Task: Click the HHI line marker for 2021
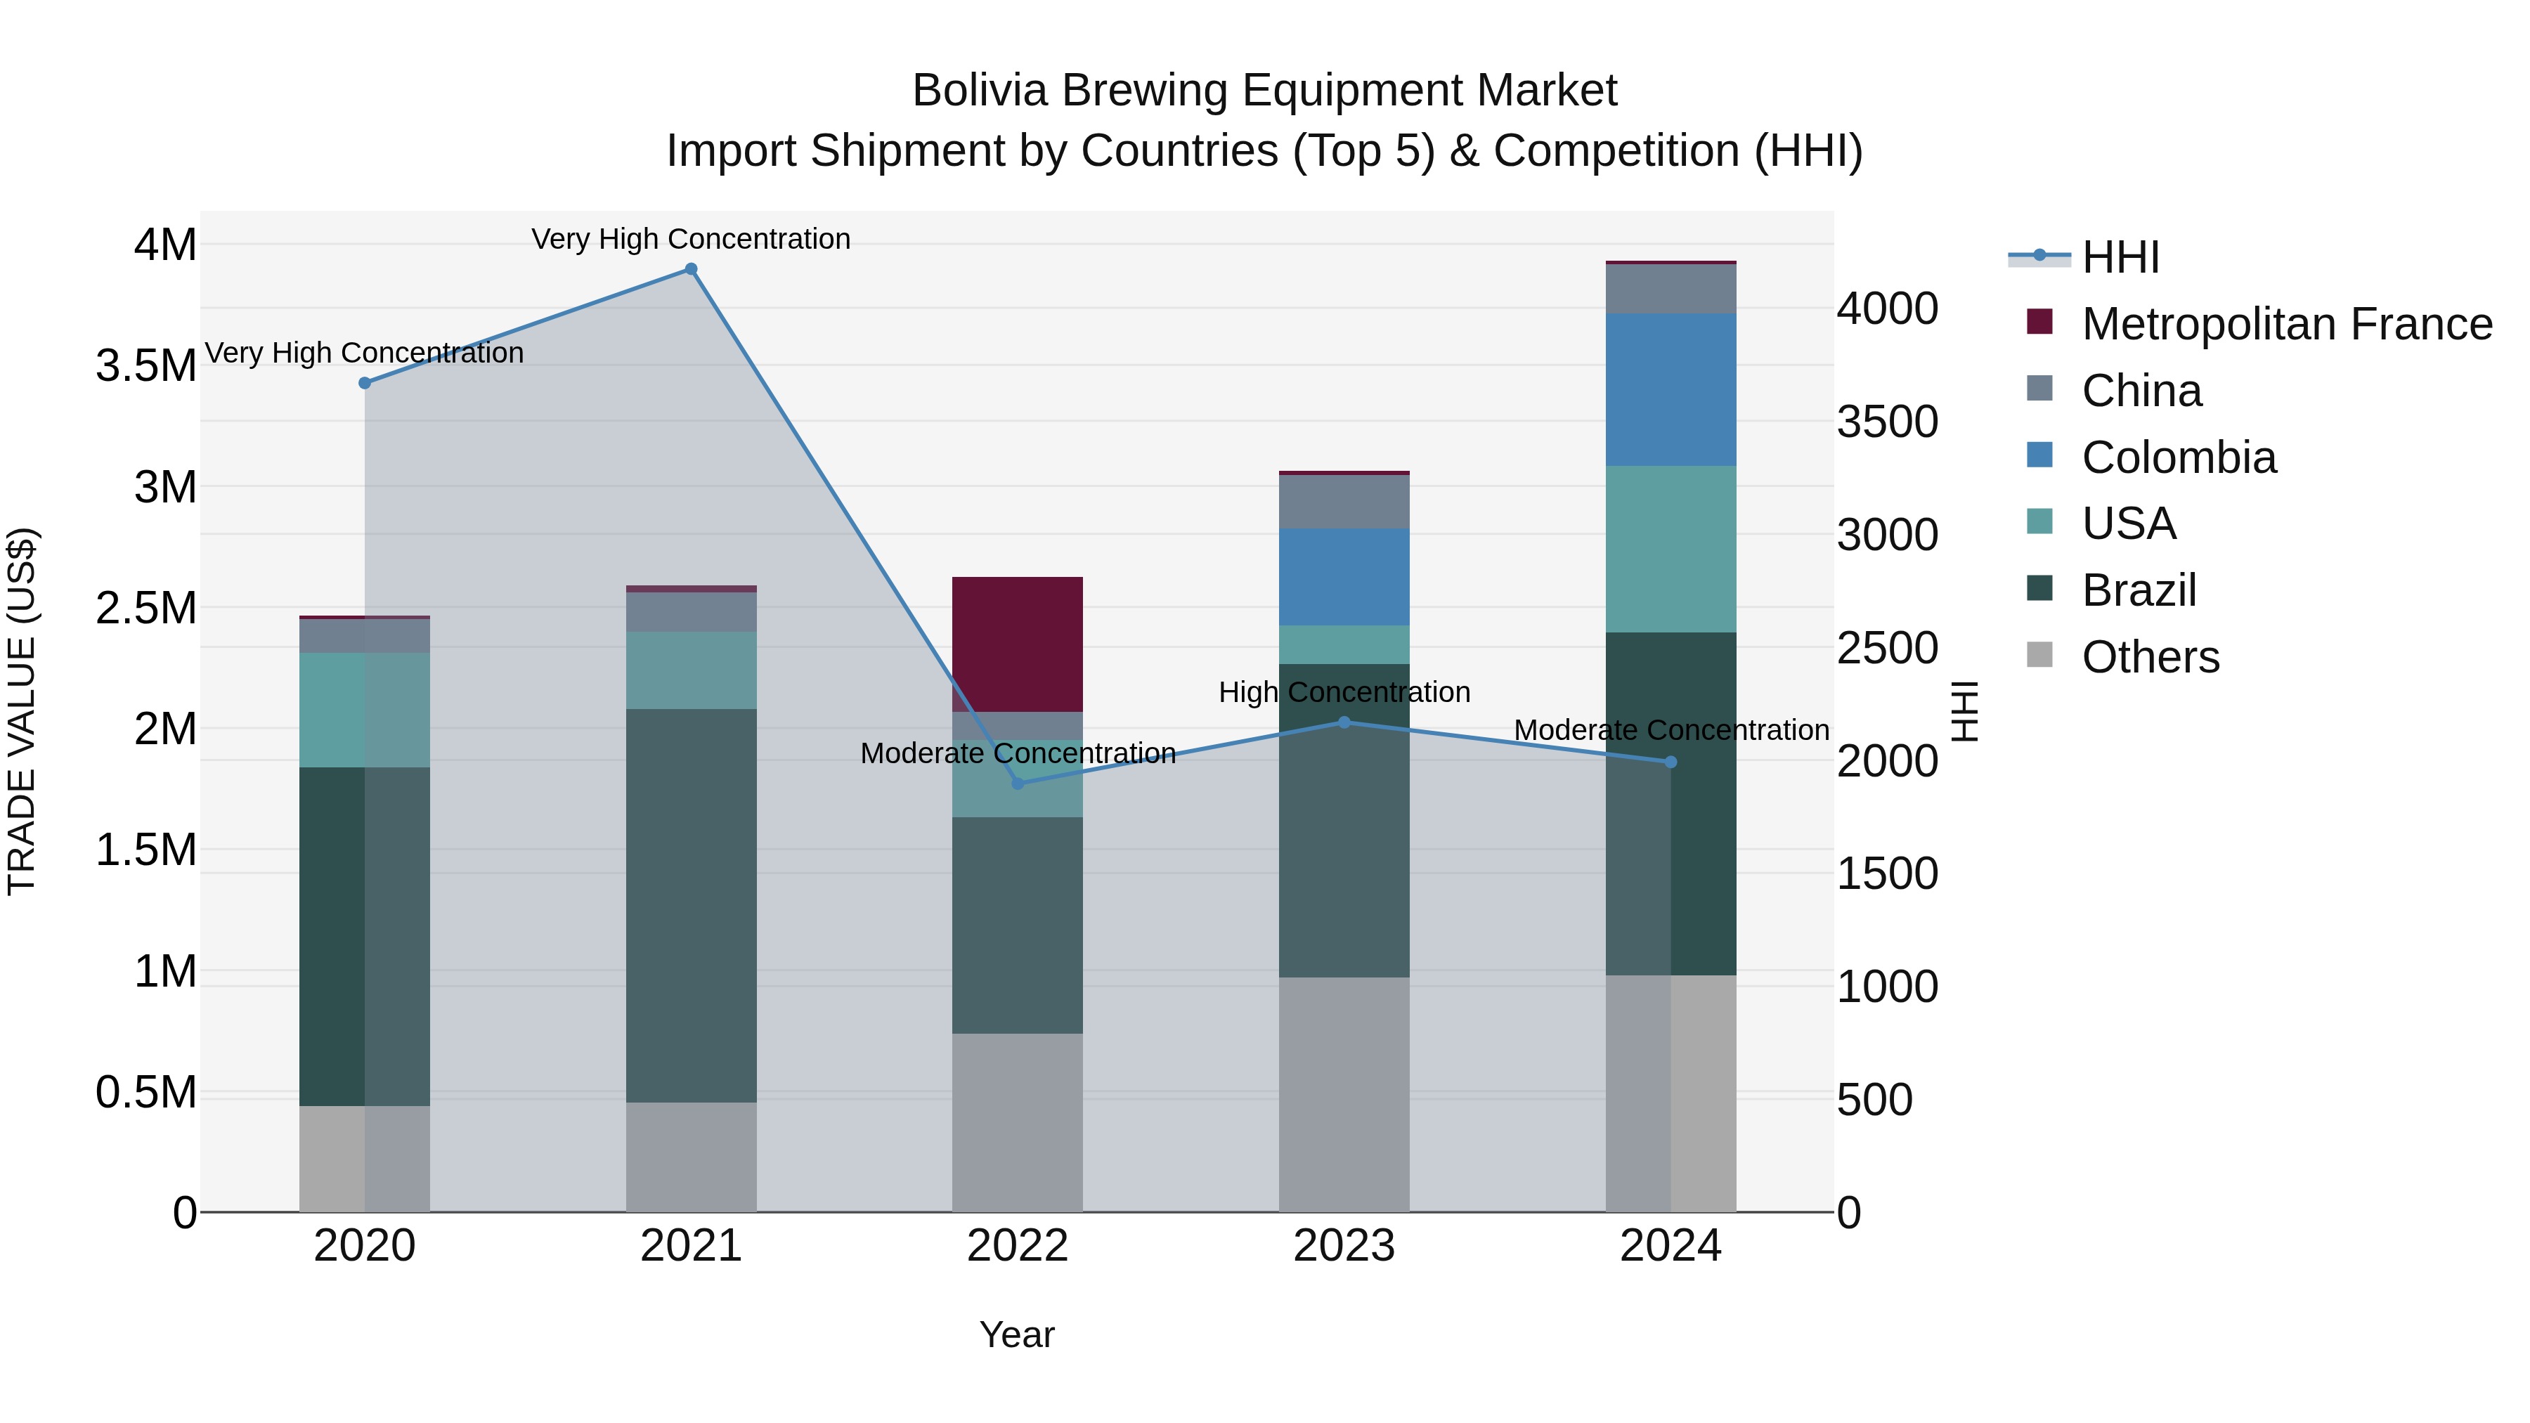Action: click(690, 269)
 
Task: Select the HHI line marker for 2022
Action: click(1018, 783)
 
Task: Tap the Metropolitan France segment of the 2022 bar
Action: click(1018, 643)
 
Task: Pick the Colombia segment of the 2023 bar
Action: click(1344, 576)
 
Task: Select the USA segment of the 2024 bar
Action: click(1671, 548)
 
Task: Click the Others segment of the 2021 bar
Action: click(690, 1156)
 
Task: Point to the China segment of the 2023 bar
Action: click(1344, 501)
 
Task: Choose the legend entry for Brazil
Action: click(2138, 590)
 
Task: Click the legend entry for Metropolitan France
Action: click(2285, 324)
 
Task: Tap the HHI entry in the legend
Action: click(2120, 257)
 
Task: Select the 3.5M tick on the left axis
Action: click(146, 365)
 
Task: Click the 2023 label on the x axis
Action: click(1344, 1246)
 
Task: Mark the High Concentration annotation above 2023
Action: click(1344, 691)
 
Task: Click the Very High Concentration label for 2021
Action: click(690, 239)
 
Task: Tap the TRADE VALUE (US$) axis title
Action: click(22, 711)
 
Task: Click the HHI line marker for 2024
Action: click(1671, 762)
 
